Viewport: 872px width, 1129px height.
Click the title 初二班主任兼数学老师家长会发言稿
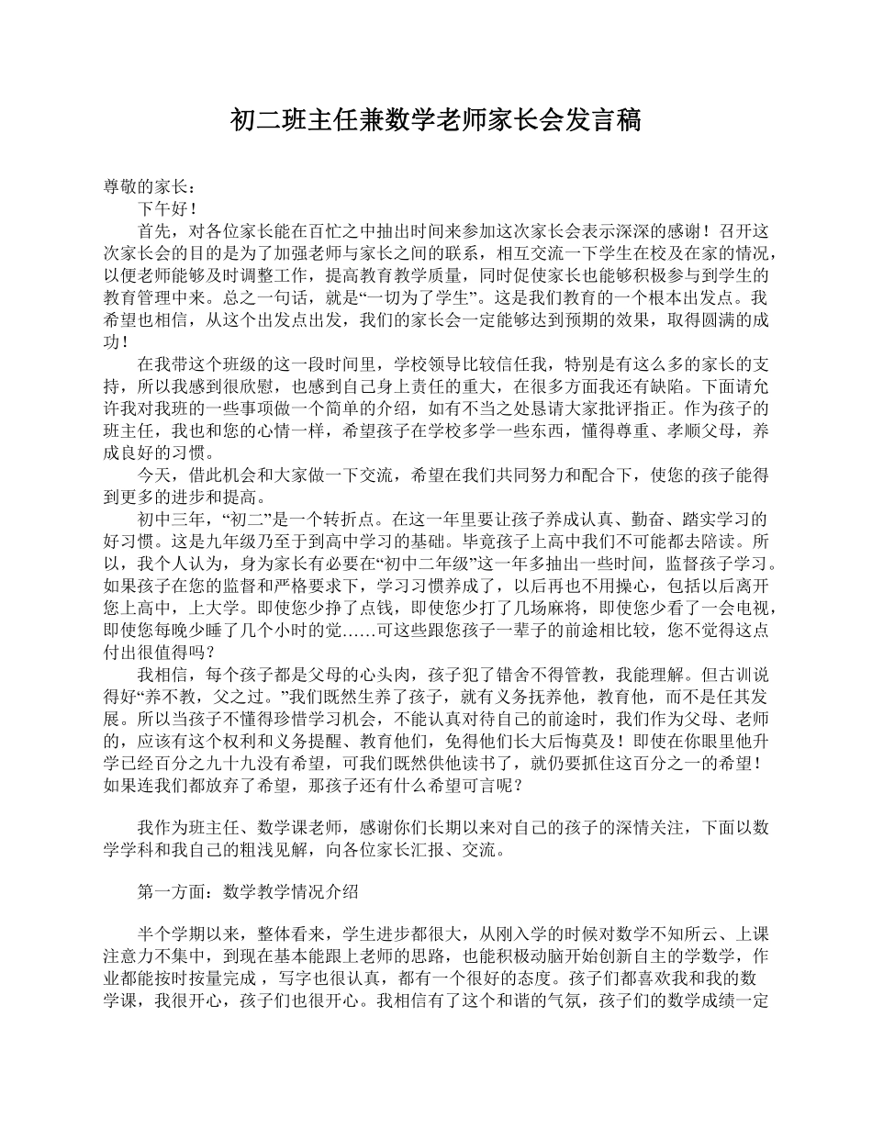click(435, 119)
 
